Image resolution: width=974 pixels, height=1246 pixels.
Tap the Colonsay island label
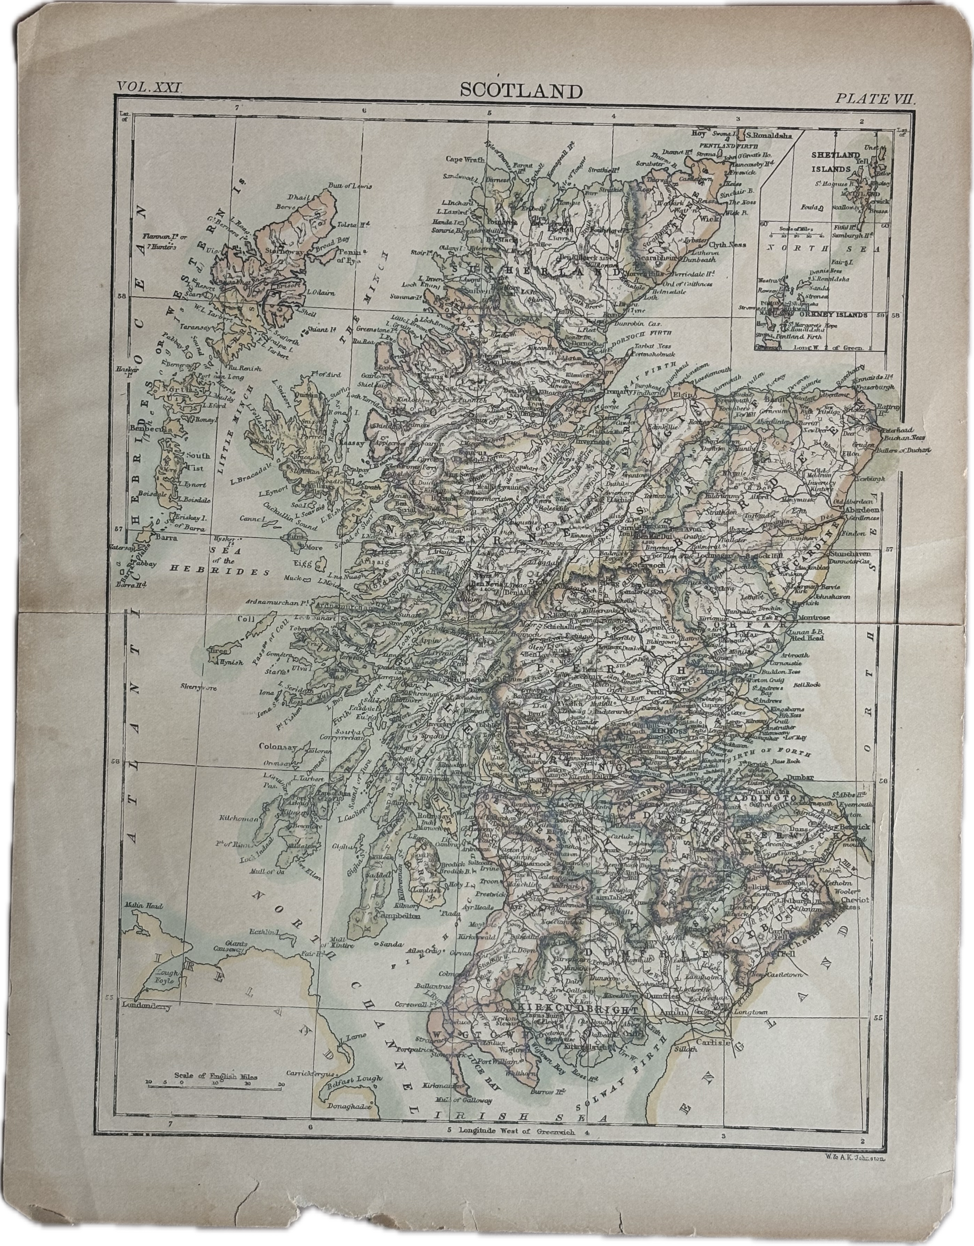[276, 746]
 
